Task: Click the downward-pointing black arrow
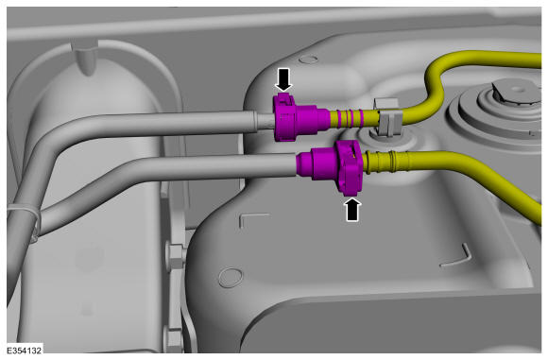click(283, 79)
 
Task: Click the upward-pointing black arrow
click(352, 210)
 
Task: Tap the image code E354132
click(25, 351)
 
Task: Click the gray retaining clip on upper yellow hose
click(388, 119)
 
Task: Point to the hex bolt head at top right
click(511, 92)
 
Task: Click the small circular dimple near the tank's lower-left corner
click(231, 278)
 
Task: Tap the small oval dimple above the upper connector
click(309, 59)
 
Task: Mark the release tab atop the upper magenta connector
click(283, 98)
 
